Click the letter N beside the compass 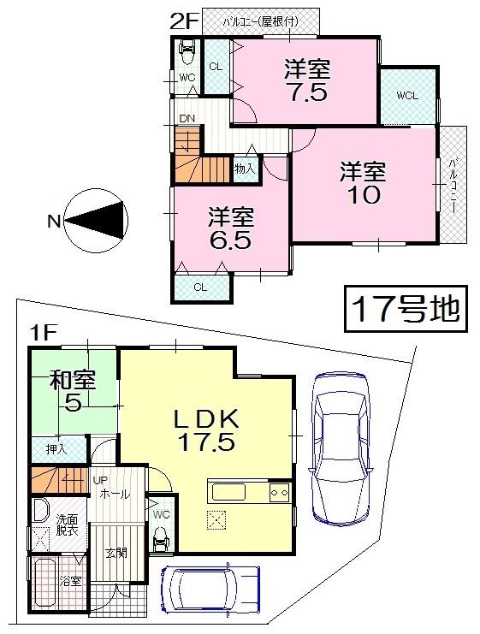53,222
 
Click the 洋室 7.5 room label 307,81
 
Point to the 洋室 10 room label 363,182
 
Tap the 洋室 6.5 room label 230,227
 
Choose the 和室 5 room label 74,390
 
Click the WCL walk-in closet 406,95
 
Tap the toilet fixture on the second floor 186,54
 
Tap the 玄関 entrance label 116,553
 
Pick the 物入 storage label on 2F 244,170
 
